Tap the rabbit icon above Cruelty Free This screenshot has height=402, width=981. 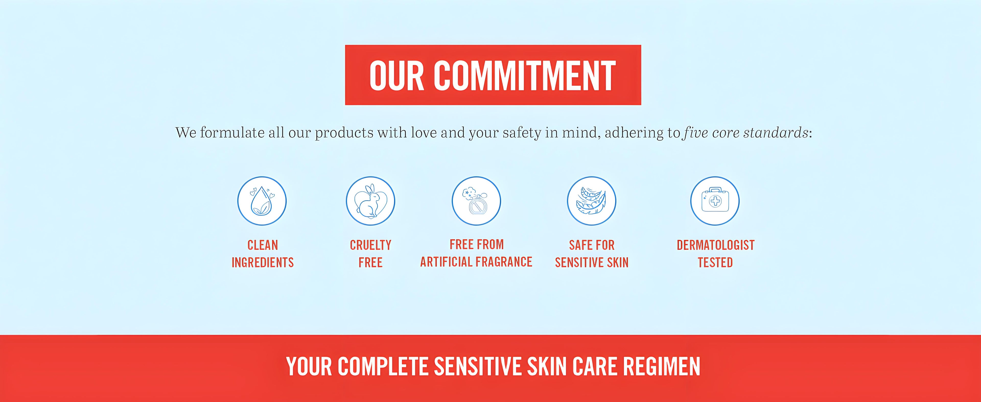click(370, 201)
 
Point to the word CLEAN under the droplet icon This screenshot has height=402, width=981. click(263, 245)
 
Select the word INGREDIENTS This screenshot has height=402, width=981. click(263, 262)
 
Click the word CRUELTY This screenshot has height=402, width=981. click(370, 245)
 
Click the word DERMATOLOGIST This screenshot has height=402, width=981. click(716, 245)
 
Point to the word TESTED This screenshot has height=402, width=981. click(715, 262)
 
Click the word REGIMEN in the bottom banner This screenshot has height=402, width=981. click(661, 366)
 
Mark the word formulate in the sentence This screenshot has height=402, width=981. click(232, 133)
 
